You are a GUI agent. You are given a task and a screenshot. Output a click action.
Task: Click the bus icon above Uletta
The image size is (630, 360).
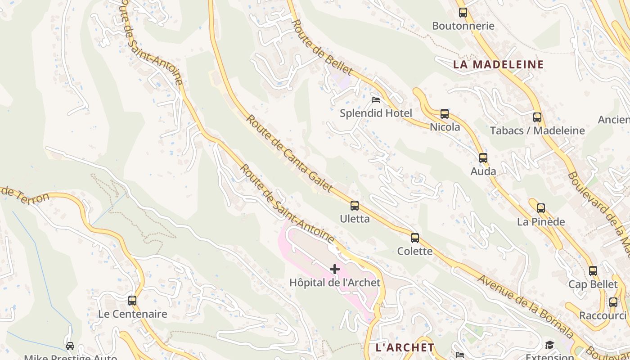pos(355,206)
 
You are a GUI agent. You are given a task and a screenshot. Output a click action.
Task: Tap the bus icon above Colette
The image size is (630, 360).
pos(415,238)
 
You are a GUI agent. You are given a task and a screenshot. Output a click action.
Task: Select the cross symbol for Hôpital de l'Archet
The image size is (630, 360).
pos(335,269)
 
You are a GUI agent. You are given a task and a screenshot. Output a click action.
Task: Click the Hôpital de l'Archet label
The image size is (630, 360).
pos(335,283)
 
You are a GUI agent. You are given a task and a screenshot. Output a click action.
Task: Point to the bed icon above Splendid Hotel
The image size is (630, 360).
pos(376,99)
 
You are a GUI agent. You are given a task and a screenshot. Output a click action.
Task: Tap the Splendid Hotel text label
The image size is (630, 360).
pos(376,113)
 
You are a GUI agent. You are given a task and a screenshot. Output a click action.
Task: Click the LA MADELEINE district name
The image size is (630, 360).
pos(498,64)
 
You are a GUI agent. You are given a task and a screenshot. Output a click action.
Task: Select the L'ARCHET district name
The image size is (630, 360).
pos(405,347)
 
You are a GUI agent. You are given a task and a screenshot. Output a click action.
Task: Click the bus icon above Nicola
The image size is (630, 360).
pos(445,114)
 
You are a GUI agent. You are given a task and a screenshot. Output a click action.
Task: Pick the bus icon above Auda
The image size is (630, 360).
pos(483,158)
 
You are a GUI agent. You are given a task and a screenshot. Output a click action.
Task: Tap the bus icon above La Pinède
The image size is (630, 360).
pos(541,208)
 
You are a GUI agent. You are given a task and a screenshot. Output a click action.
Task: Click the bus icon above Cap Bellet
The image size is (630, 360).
pos(593,271)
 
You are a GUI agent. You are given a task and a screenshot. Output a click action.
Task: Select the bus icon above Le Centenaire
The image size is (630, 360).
pos(132,301)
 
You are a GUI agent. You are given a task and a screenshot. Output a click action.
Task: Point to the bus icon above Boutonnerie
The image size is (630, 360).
pos(463,13)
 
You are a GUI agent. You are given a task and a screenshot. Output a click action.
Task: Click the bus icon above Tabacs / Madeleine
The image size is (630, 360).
pos(537,117)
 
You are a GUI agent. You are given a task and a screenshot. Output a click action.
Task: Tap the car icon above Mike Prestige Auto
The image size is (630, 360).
pos(70,346)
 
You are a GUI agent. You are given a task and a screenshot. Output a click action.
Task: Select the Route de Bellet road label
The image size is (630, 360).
pos(322,47)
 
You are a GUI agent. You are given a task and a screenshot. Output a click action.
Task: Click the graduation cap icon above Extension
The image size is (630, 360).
pos(549,345)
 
